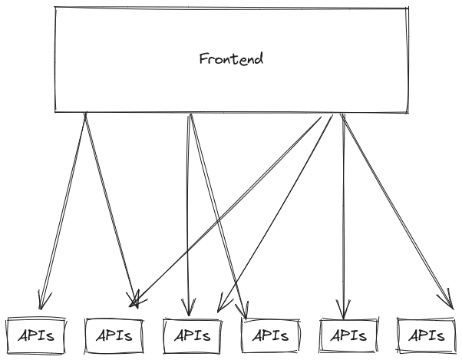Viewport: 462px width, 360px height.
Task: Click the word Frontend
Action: (x=230, y=59)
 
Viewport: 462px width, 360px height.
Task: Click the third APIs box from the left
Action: (x=193, y=335)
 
